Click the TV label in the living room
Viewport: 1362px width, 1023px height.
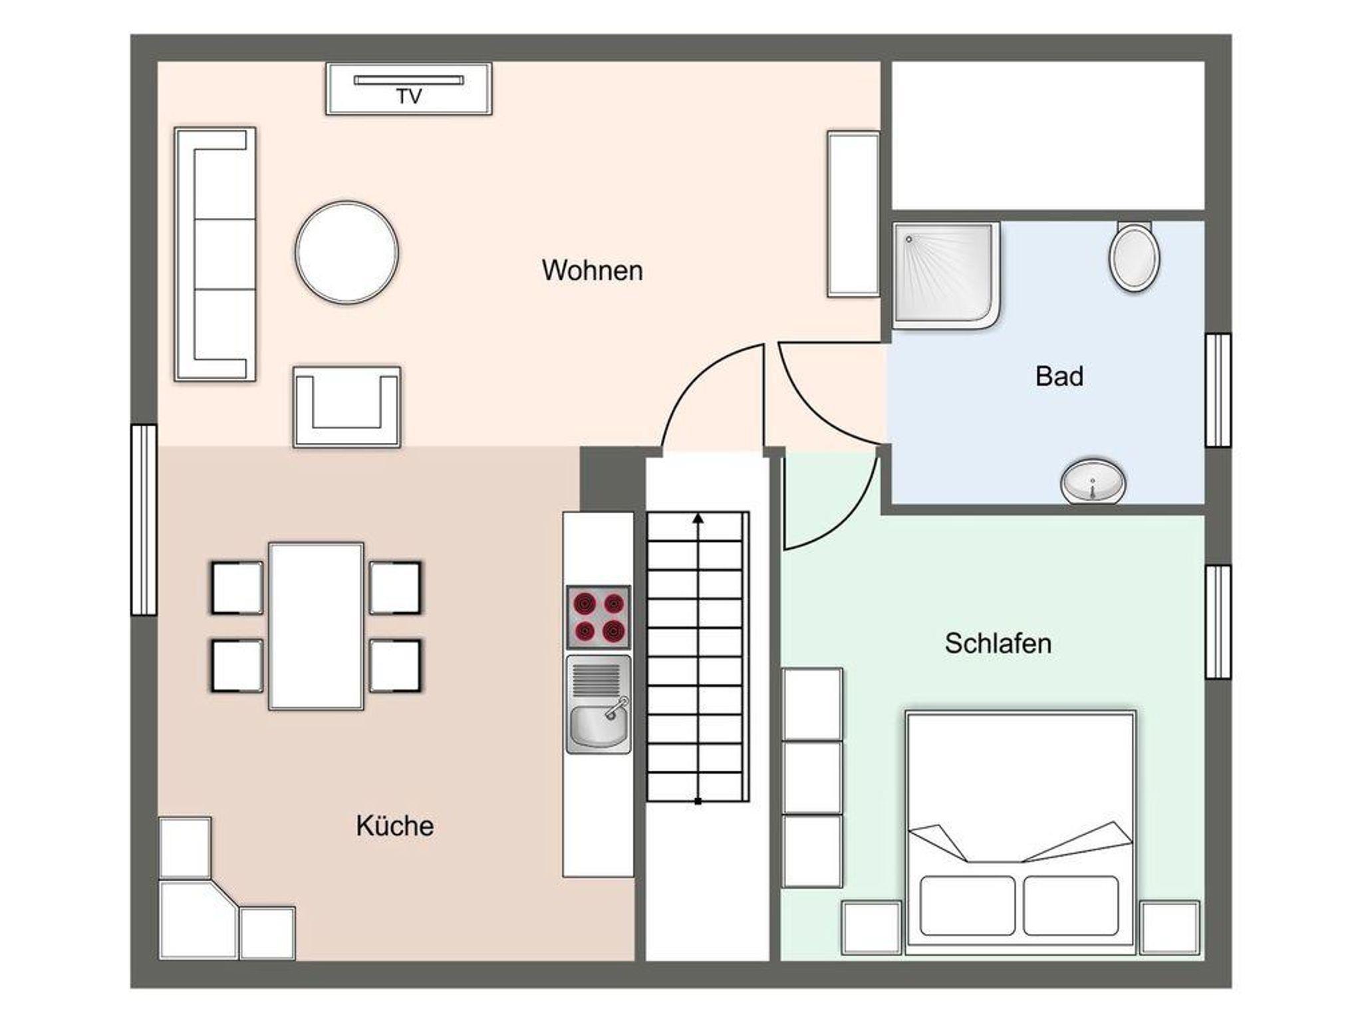coord(409,96)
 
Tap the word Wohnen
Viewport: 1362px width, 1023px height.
coord(592,271)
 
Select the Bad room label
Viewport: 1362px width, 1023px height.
coord(1059,376)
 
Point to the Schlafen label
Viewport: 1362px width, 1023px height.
coord(998,643)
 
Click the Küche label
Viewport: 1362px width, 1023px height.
coord(395,825)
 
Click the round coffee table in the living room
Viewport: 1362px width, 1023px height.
coord(346,253)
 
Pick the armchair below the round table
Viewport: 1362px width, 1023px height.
coord(347,406)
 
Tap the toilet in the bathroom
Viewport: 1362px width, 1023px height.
coord(1135,257)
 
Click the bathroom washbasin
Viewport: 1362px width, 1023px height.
coord(1093,481)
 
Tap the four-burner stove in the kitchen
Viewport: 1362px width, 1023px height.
coord(598,617)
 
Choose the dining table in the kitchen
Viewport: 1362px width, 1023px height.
coord(316,627)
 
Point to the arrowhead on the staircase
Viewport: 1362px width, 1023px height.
coord(698,518)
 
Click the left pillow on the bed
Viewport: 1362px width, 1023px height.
coord(968,906)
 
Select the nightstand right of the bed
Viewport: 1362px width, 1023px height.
coord(1170,927)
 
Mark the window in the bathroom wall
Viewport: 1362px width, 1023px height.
coord(1218,390)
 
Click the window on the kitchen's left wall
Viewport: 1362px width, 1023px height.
coord(144,519)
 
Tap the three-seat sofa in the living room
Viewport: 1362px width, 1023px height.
coord(215,254)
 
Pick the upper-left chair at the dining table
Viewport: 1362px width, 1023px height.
coord(237,588)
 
